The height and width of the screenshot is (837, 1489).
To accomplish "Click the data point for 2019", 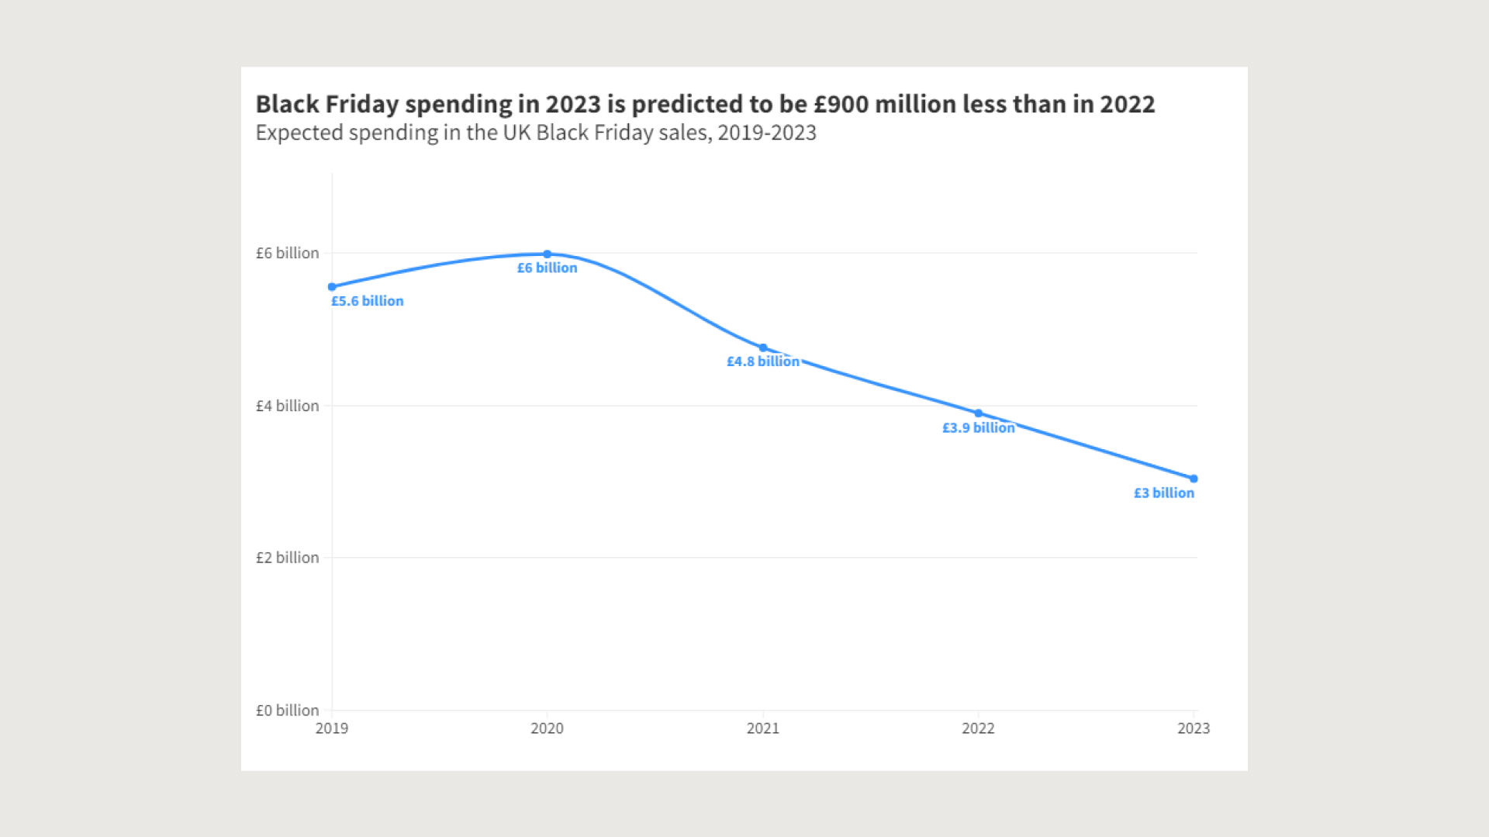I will click(332, 287).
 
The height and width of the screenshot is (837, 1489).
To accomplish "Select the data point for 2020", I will click(548, 254).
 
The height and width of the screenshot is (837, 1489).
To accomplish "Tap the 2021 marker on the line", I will click(763, 348).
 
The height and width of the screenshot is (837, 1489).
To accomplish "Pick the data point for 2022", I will click(979, 413).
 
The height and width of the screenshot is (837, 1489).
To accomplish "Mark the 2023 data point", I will click(1194, 479).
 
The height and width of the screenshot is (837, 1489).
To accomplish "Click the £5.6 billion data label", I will click(368, 301).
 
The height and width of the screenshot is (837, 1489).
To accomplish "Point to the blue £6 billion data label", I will click(548, 268).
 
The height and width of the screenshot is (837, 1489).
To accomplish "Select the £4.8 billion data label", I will click(763, 361).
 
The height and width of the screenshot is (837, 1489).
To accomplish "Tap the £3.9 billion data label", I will click(979, 427).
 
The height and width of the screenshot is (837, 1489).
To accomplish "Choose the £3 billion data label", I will click(1164, 493).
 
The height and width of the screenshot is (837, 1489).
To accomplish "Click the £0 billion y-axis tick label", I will click(288, 711).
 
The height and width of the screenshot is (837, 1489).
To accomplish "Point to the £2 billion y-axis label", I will click(288, 558).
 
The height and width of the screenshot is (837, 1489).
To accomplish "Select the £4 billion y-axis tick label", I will click(288, 406).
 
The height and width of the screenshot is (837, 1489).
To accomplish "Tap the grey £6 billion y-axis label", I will click(288, 253).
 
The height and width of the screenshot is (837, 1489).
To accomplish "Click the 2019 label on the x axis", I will click(332, 728).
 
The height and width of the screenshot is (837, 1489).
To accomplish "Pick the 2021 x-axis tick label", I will click(763, 728).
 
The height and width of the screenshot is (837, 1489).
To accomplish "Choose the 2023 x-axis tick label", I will click(1194, 728).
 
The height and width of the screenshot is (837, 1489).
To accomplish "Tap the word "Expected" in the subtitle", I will click(299, 133).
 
